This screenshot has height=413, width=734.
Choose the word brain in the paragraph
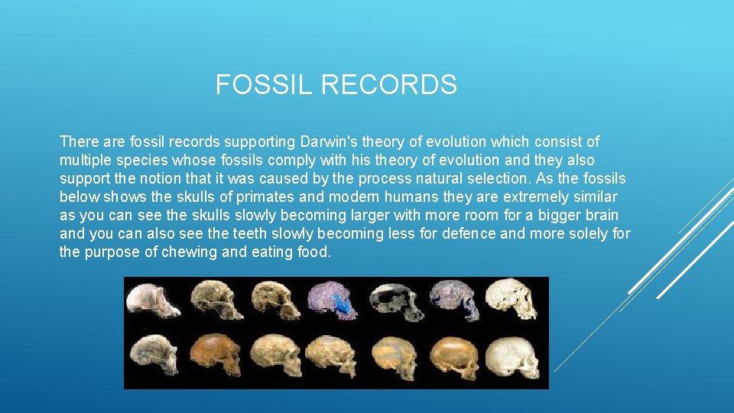click(601, 216)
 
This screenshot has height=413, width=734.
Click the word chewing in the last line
click(190, 252)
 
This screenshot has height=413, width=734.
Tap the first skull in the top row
click(154, 299)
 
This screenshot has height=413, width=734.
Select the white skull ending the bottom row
click(513, 356)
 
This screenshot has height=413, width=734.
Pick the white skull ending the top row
click(512, 299)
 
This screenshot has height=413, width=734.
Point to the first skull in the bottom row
click(154, 356)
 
